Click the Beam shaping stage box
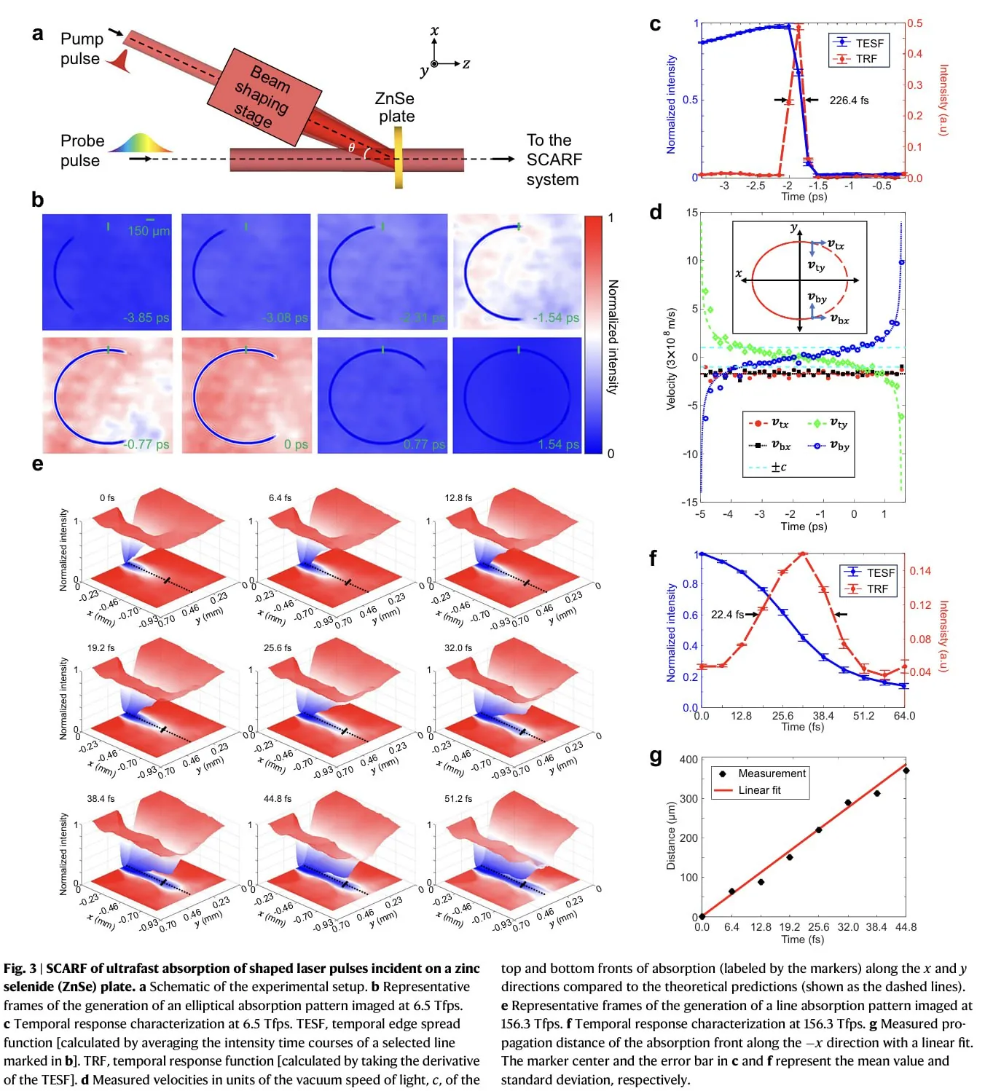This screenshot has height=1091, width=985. [x=264, y=97]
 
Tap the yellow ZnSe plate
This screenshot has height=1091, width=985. [x=399, y=157]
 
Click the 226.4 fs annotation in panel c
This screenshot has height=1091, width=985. [x=849, y=101]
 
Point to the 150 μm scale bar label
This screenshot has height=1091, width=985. [x=149, y=231]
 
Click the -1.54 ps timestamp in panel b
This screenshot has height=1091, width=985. [x=556, y=318]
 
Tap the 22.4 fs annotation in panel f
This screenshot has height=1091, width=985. [x=727, y=615]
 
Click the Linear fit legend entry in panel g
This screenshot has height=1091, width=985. [x=759, y=790]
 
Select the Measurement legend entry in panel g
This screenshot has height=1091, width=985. [x=772, y=773]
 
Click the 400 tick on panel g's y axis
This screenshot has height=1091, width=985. [x=688, y=759]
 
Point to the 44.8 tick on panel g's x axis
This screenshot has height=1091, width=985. [x=906, y=927]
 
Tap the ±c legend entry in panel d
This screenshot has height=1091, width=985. [x=778, y=467]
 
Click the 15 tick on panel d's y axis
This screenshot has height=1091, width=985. [x=692, y=213]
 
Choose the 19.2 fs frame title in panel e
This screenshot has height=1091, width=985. [x=101, y=647]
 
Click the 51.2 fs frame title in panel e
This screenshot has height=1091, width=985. [x=458, y=798]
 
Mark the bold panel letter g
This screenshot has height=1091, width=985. [x=656, y=756]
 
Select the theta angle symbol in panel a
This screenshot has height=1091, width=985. [x=351, y=148]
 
